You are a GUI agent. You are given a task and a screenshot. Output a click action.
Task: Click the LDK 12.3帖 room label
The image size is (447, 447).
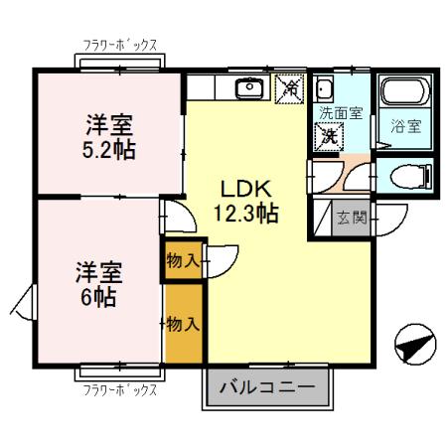tap(244, 200)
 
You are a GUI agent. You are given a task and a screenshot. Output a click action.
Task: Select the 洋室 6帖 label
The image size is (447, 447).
tap(96, 283)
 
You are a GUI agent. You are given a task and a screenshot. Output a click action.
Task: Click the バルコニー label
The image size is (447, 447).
tap(265, 387)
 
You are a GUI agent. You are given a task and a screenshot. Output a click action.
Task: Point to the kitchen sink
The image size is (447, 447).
tap(247, 90)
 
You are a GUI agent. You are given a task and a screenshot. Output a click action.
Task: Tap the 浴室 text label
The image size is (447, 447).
tap(404, 126)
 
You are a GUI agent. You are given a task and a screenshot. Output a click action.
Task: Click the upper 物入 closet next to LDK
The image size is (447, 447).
tap(185, 260)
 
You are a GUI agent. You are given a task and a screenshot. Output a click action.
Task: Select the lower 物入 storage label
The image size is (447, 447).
tap(185, 323)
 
